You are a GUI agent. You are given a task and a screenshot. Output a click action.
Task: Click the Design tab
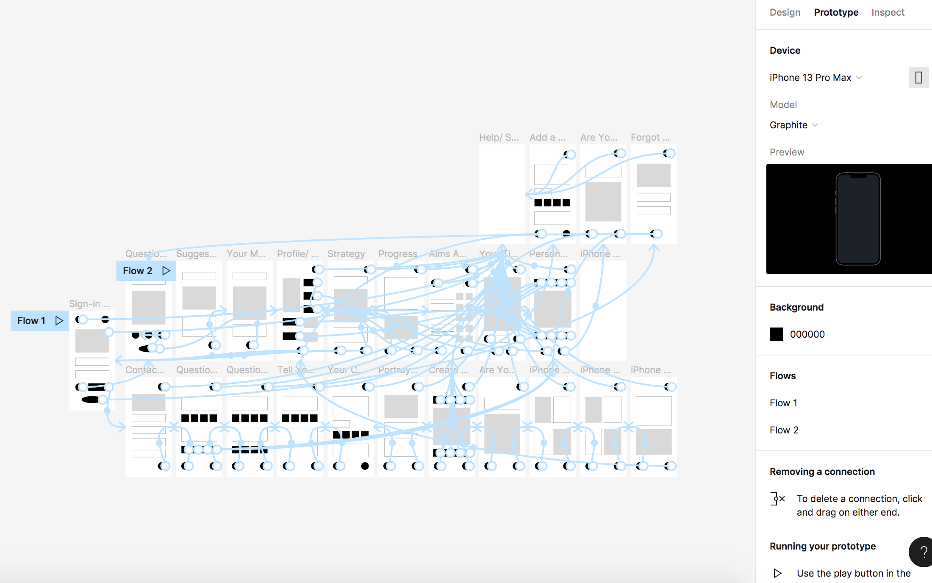[x=785, y=12]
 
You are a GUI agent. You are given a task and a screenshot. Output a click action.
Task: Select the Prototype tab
[x=836, y=12]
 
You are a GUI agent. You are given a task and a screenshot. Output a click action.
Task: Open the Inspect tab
[x=888, y=12]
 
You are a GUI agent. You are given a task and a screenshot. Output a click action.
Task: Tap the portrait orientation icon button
[x=918, y=78]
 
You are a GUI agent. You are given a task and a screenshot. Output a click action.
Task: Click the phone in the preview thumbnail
[x=858, y=219]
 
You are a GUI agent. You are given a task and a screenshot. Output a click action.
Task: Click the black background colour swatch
[x=776, y=334]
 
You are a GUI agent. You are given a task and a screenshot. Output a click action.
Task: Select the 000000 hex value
[x=807, y=334]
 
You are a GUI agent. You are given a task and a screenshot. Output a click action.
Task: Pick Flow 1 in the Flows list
[x=783, y=403]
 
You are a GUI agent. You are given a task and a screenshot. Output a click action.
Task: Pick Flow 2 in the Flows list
[x=784, y=430]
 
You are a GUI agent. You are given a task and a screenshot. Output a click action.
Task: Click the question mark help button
[x=923, y=552]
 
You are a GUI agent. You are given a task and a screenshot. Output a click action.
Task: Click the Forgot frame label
[x=650, y=137]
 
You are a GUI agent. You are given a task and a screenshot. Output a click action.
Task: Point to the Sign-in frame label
[x=89, y=304]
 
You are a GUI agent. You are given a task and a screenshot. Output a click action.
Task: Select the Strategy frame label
[x=346, y=254]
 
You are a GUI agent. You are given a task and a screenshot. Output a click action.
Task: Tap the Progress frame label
[x=397, y=254]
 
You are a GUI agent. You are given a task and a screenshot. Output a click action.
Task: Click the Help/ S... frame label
[x=499, y=137]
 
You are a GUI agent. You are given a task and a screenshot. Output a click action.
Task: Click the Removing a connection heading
[x=822, y=472]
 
